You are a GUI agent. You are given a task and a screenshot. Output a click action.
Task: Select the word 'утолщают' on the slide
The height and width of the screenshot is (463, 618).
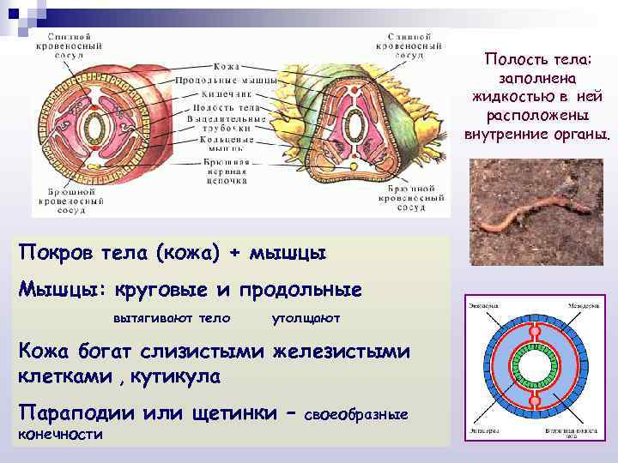click(x=306, y=318)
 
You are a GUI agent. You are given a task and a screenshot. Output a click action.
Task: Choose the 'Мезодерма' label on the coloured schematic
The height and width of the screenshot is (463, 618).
click(x=582, y=305)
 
